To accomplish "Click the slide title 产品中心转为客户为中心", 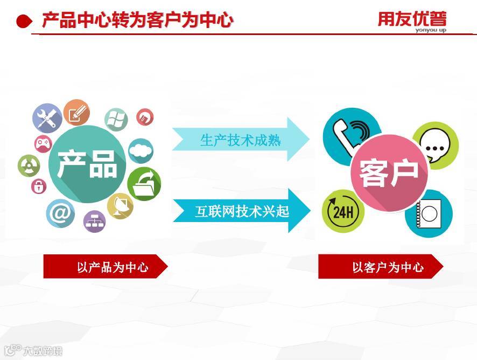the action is click(137, 20).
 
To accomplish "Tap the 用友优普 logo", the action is click(412, 20).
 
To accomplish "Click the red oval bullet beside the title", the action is click(25, 22).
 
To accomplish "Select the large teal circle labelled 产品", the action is click(87, 164).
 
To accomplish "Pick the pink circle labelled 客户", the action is click(389, 172).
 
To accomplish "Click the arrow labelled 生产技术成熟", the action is click(240, 140).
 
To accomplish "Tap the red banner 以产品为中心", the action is click(105, 267).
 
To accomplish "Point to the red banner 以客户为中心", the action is click(380, 267).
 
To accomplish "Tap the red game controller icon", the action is click(43, 144).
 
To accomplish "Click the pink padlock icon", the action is click(39, 186).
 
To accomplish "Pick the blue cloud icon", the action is click(141, 151).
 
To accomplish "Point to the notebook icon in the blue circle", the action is click(429, 213).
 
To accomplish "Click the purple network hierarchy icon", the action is click(94, 221).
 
